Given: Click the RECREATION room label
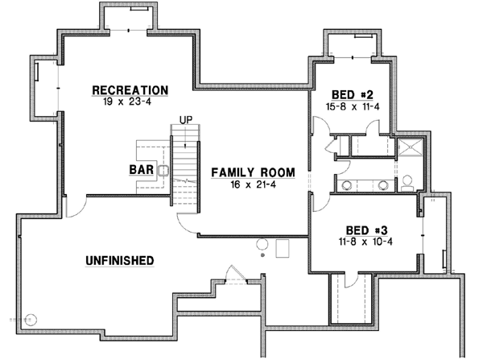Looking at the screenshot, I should [x=130, y=89].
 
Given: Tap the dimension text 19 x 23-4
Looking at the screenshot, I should [x=130, y=102].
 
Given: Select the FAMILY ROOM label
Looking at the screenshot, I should [x=253, y=172].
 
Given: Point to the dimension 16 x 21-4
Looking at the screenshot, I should [x=253, y=185].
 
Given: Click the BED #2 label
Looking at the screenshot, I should [x=352, y=93].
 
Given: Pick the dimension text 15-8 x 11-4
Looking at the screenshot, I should [x=352, y=106].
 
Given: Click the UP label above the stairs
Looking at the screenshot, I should [x=187, y=120].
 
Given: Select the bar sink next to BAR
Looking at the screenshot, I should [x=162, y=170].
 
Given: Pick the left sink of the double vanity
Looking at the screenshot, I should [x=347, y=184].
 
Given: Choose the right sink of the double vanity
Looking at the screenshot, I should [x=382, y=184].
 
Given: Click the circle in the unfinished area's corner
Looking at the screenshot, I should [x=31, y=317].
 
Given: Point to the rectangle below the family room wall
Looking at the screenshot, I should [x=283, y=248].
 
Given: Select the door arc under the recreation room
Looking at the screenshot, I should [x=74, y=205].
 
